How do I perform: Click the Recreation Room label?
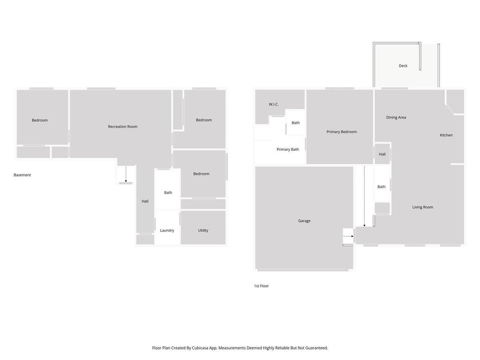(122, 127)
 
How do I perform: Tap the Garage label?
(304, 221)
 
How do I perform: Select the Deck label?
(403, 66)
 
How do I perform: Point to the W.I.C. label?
(274, 105)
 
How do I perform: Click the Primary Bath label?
(288, 150)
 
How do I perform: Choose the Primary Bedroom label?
(342, 132)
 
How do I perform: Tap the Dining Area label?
(396, 118)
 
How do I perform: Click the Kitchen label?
(446, 135)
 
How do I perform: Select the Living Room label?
(423, 207)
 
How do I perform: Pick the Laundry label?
(167, 231)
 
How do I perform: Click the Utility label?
(203, 231)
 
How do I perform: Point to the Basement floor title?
(22, 175)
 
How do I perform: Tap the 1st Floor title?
(262, 286)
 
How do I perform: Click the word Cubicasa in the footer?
(201, 348)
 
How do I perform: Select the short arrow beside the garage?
(348, 236)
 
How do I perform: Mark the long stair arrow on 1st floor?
(364, 196)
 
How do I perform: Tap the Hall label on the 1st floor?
(382, 154)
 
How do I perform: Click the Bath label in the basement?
(168, 193)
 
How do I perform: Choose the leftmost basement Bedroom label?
(40, 120)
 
